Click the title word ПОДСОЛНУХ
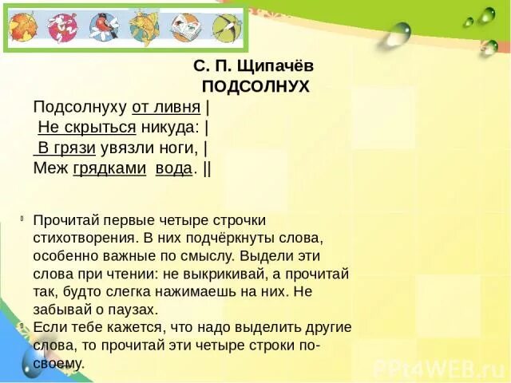[255, 87]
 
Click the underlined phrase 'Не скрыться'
[87, 127]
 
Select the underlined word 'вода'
[173, 168]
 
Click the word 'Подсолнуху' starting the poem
[80, 107]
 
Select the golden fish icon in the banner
[145, 28]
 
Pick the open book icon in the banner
[186, 28]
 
